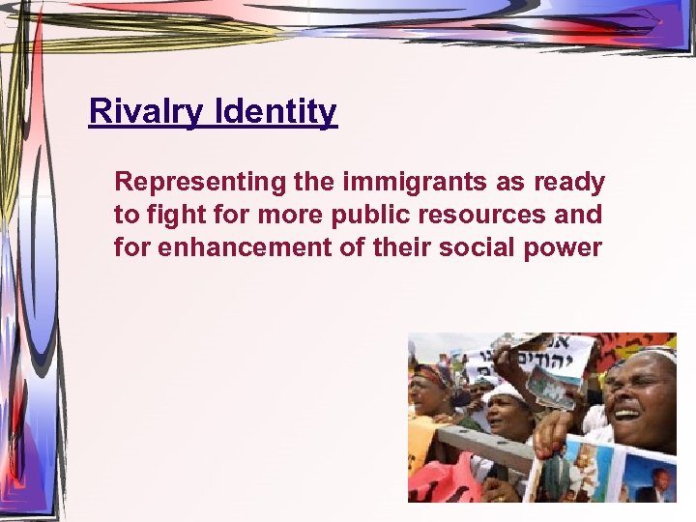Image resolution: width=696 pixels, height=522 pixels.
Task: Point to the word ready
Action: [x=569, y=182]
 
